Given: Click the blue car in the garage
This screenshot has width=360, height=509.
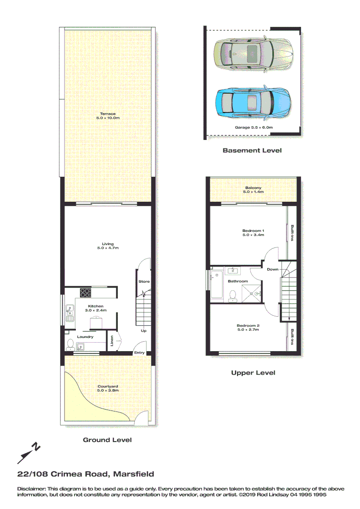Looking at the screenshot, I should (x=253, y=102).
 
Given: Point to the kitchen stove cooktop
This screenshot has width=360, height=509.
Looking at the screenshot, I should (x=85, y=293).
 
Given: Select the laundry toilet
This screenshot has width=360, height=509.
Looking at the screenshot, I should (x=70, y=344).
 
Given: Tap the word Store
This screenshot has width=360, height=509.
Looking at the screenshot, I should (x=144, y=281).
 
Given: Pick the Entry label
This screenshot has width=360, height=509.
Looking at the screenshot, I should (x=139, y=353).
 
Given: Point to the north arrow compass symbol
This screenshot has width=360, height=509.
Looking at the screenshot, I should (x=29, y=453).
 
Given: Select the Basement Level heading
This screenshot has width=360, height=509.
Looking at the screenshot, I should (x=252, y=150).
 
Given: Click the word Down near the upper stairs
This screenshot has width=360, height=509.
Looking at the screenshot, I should (x=272, y=269).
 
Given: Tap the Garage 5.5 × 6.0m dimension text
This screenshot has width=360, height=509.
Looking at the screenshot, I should (x=254, y=127).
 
